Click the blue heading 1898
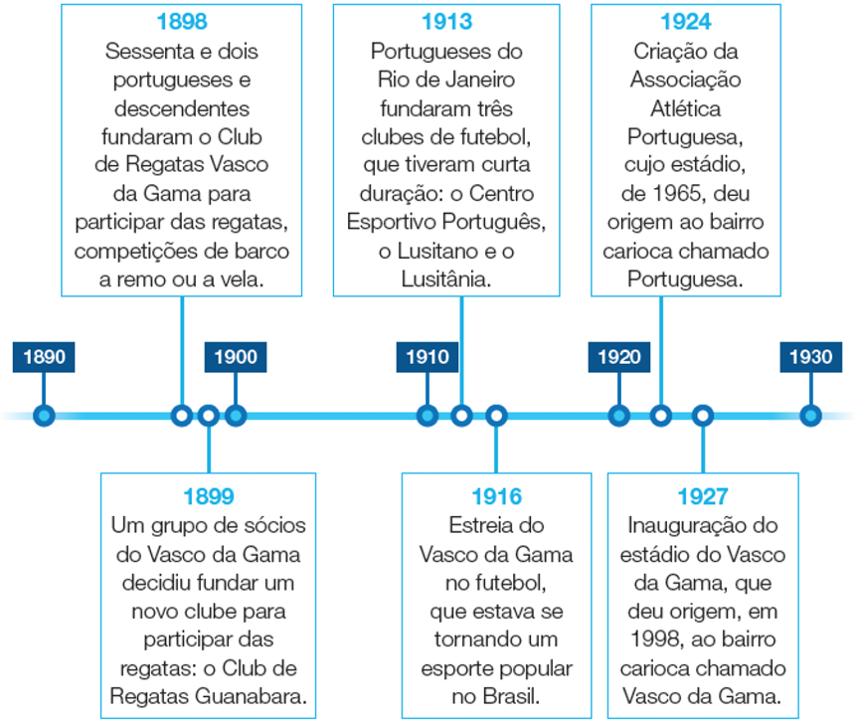click(x=182, y=22)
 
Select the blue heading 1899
click(x=209, y=496)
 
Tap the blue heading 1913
click(x=446, y=22)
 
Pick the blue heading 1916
click(x=496, y=496)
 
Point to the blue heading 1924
click(x=686, y=22)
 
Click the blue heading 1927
click(x=703, y=496)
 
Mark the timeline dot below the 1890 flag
click(x=43, y=415)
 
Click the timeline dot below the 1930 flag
click(x=811, y=415)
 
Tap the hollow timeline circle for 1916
click(x=496, y=415)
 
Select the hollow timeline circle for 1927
click(x=703, y=415)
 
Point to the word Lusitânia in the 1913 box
click(x=446, y=280)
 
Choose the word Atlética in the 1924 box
click(x=686, y=107)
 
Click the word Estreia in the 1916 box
click(x=483, y=525)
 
